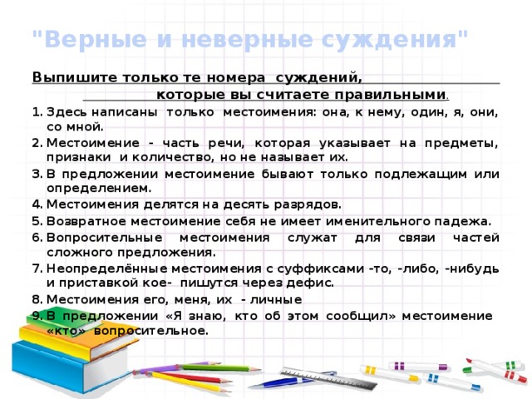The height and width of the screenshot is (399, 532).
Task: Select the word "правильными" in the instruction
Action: click(390, 95)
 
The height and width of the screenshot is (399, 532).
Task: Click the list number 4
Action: click(37, 204)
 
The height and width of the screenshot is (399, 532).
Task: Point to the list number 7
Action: click(37, 268)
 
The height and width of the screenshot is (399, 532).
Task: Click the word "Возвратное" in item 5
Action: click(86, 221)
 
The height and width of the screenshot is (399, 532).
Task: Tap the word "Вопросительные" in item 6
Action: click(105, 238)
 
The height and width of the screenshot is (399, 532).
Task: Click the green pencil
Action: click(220, 367)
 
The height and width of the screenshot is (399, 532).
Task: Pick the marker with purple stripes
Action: click(418, 367)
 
